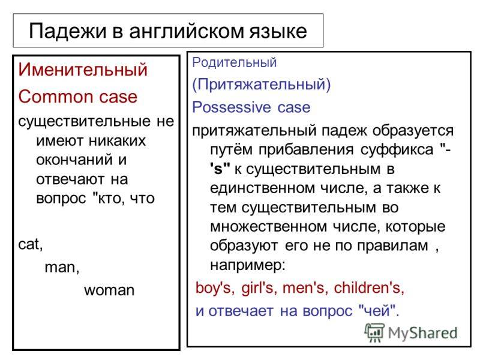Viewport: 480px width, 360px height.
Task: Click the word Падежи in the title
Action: pos(67,32)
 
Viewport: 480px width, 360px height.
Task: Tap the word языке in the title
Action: pos(278,32)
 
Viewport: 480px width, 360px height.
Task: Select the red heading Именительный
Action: pos(83,70)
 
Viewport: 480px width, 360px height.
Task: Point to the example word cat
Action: pos(31,245)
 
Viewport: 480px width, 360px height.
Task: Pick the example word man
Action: pos(62,268)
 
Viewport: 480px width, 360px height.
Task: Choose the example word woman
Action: pos(109,290)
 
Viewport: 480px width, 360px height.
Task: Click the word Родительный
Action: pos(234,63)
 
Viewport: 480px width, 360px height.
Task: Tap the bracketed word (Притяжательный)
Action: pos(262,84)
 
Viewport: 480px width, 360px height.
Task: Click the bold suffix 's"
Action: pos(220,169)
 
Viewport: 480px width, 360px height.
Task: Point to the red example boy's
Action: pos(215,288)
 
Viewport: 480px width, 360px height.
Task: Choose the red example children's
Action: pos(369,288)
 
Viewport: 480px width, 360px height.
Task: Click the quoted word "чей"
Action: pos(379,311)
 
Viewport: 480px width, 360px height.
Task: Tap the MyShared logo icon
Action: pos(374,332)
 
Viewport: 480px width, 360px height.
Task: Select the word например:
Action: pos(248,265)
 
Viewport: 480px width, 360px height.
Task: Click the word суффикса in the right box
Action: pos(397,150)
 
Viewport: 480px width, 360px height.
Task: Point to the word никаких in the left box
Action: pos(117,141)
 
